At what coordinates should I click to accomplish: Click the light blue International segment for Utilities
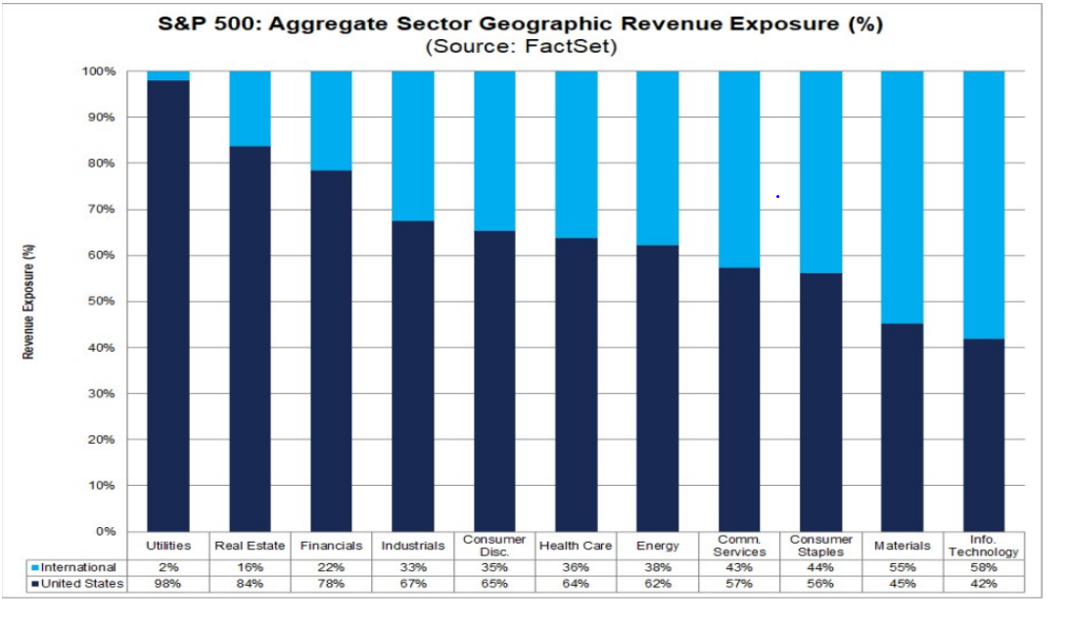tap(168, 75)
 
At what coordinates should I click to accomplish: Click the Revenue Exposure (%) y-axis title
tap(29, 302)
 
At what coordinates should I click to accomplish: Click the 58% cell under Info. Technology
tap(984, 567)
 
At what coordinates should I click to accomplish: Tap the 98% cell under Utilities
tap(168, 584)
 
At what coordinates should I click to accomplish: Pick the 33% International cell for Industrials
tap(413, 567)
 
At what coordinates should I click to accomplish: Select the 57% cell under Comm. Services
tap(739, 584)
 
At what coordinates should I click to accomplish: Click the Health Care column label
tap(576, 546)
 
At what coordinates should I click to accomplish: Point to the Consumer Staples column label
tap(820, 546)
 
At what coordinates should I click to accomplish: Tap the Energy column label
tap(658, 546)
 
